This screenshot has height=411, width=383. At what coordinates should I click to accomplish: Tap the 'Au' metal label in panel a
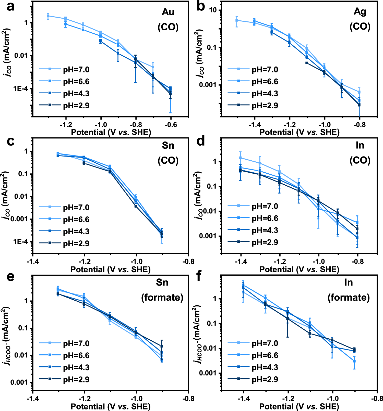[168, 12]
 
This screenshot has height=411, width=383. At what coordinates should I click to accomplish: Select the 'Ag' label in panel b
[360, 11]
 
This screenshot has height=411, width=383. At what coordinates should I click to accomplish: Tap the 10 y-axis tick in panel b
[213, 10]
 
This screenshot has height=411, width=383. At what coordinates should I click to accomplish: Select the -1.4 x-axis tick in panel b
[254, 125]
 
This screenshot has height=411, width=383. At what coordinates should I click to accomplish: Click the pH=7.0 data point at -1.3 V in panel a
[48, 16]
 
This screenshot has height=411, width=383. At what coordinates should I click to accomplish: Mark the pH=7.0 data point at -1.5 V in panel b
[237, 20]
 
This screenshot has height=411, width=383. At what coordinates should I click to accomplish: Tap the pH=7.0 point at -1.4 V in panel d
[240, 158]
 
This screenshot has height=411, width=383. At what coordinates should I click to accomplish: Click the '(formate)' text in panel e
[162, 297]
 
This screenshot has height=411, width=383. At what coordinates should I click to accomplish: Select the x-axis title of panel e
[110, 406]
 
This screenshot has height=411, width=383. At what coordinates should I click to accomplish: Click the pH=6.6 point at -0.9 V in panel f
[354, 361]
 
